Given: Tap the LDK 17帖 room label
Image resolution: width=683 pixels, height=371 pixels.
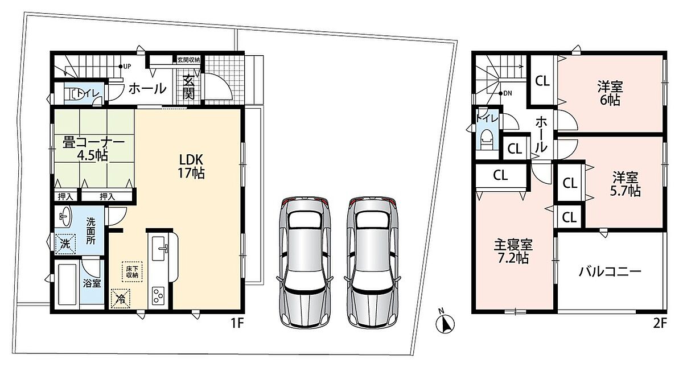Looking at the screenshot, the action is (x=191, y=167).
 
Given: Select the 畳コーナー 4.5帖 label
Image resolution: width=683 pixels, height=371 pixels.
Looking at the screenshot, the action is (x=93, y=149).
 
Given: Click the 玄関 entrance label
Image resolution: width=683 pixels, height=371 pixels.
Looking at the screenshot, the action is (x=189, y=87).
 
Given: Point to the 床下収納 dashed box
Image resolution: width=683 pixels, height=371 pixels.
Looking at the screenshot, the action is (x=132, y=271).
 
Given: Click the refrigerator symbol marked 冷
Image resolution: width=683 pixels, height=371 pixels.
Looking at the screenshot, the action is (x=121, y=298).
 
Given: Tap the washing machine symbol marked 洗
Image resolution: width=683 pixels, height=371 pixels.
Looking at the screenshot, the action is (x=65, y=244).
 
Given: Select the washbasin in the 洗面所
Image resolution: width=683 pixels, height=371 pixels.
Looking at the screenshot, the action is (x=64, y=216).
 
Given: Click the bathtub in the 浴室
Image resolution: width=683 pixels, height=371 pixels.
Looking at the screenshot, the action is (x=67, y=285).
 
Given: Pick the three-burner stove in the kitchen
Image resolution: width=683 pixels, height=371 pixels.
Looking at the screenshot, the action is (x=158, y=296).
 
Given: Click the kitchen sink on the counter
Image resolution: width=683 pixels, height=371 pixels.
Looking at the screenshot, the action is (x=160, y=249).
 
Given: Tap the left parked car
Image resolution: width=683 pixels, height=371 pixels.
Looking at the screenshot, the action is (x=305, y=262).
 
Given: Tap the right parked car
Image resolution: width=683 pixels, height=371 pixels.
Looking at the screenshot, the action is (x=372, y=262).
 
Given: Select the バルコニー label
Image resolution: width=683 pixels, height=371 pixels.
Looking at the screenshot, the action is (x=610, y=271).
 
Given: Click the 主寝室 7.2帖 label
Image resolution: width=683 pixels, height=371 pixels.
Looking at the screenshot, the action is (x=513, y=252).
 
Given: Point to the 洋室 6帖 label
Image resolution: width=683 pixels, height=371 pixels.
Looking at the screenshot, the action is (x=610, y=93).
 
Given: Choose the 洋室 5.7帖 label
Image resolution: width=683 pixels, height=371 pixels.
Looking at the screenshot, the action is (x=626, y=184).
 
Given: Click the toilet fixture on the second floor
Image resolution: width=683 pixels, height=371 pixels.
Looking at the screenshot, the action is (x=487, y=139).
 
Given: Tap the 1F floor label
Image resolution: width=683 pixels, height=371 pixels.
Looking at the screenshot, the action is (x=237, y=323).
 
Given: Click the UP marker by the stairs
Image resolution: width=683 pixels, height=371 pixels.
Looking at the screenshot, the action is (x=125, y=66).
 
